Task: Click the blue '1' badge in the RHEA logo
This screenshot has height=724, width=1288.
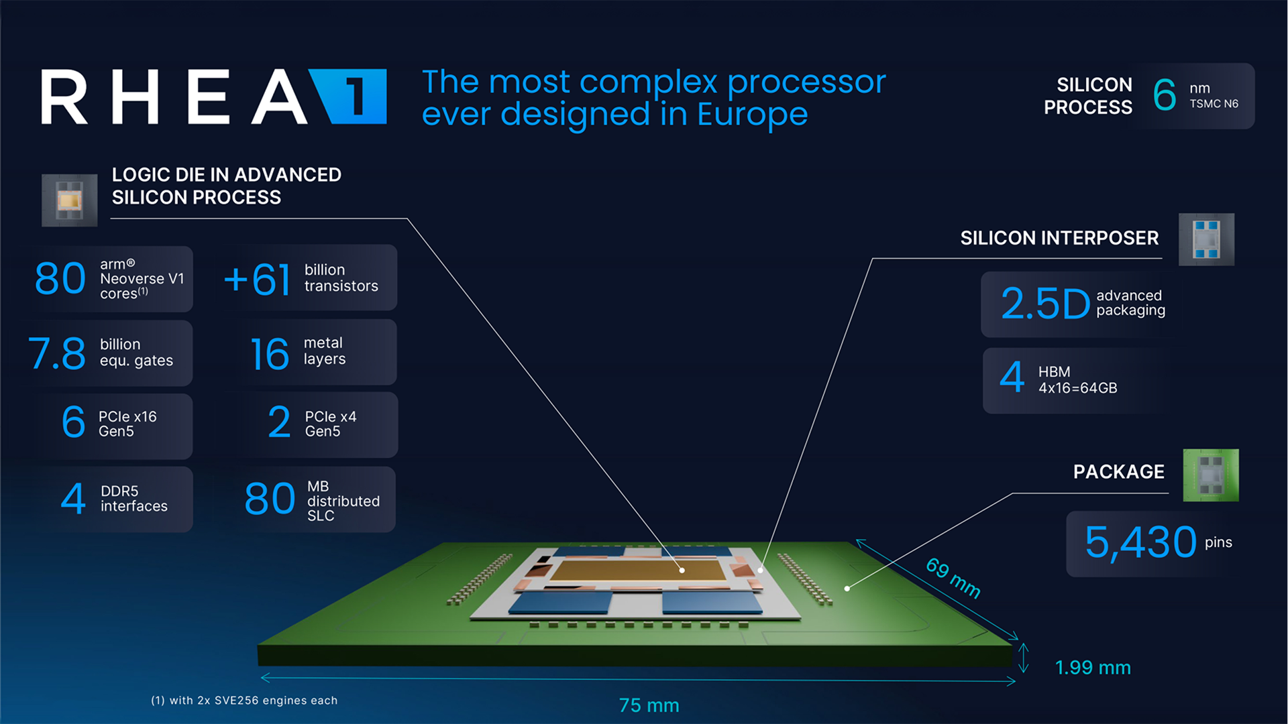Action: (352, 97)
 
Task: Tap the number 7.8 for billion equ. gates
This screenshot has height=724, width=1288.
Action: (57, 353)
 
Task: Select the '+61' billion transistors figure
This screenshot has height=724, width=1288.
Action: (257, 279)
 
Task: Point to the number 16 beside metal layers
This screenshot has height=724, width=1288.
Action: (270, 353)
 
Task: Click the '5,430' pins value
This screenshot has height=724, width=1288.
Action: (1140, 542)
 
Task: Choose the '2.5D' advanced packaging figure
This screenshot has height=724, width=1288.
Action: (1045, 303)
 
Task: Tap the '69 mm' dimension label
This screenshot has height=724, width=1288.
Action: (953, 577)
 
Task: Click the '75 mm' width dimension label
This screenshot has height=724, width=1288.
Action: (649, 705)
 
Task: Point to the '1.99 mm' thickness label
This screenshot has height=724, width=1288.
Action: (1093, 668)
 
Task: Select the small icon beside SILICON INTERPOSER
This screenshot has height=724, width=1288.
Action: (1206, 239)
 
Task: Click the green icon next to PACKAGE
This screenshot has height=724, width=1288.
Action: (1210, 475)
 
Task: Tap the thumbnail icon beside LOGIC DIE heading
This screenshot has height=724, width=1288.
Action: (69, 200)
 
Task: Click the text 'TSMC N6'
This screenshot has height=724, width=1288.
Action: (1214, 104)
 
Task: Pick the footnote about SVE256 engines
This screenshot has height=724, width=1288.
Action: (244, 701)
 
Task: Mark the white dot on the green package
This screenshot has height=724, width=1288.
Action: (847, 589)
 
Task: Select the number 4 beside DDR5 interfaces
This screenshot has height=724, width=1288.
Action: (73, 499)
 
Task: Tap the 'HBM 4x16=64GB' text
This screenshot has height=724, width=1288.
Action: (1077, 380)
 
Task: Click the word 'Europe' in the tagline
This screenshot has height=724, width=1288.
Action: (752, 115)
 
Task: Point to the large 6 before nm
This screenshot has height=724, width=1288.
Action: (1165, 95)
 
